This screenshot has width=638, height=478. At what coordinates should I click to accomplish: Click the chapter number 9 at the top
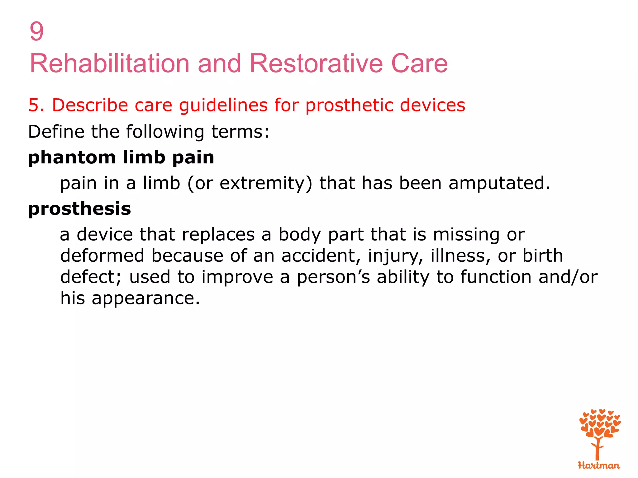click(36, 31)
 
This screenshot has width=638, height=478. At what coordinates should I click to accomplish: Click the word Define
click(56, 131)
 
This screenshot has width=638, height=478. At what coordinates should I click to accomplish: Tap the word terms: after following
click(240, 131)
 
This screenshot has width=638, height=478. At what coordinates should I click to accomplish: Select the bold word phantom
click(72, 157)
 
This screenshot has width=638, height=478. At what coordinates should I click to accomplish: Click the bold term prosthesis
click(79, 209)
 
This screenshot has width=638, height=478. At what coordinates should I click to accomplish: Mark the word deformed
click(102, 255)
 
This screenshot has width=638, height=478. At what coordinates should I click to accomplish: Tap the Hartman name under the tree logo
click(599, 466)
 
